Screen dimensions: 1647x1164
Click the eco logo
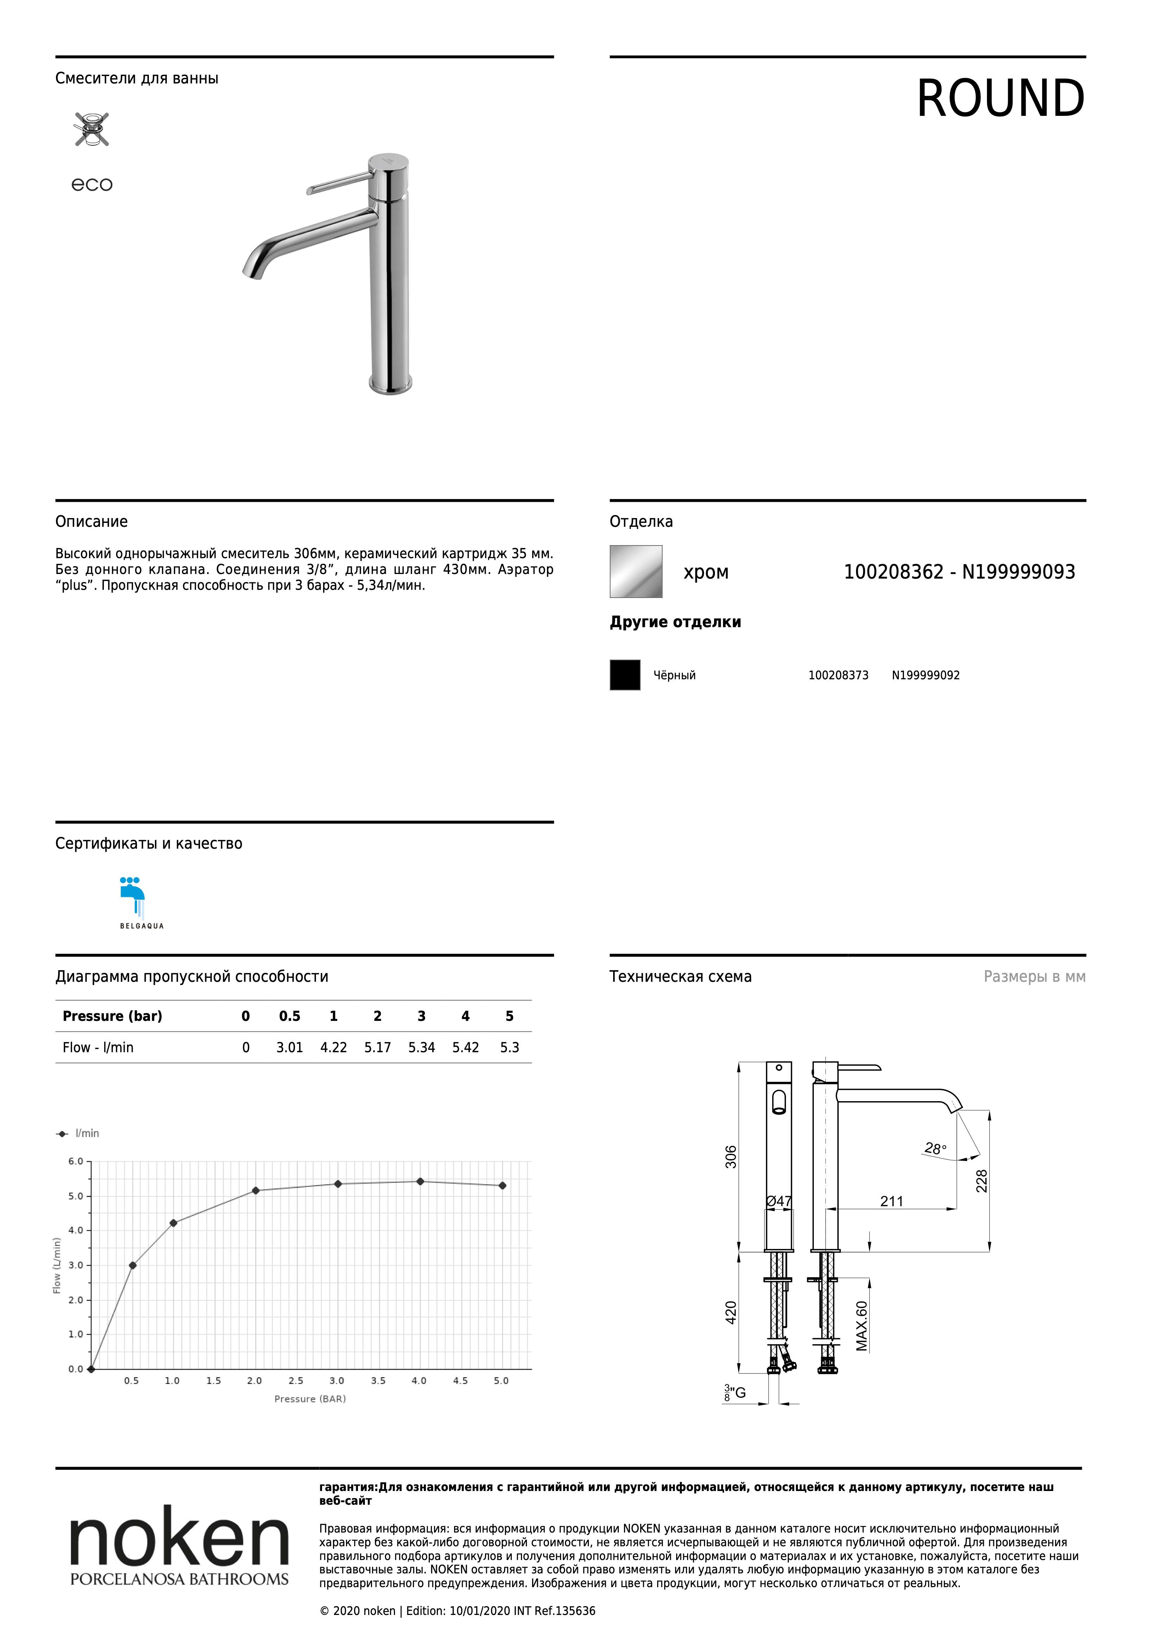(92, 185)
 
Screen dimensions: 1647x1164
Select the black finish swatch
(625, 675)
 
